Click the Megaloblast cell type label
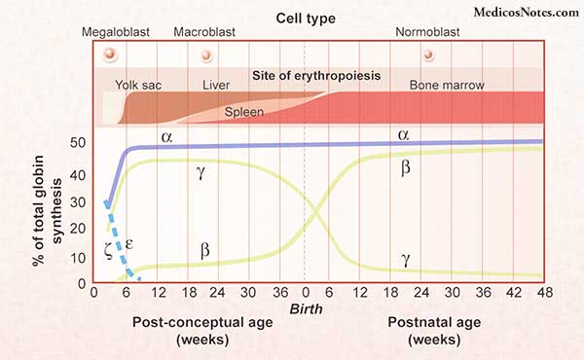click(116, 32)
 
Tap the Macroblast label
click(204, 32)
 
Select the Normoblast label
click(427, 32)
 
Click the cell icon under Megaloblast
click(110, 54)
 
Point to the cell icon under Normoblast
click(428, 55)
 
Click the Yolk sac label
click(138, 85)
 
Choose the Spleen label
click(244, 112)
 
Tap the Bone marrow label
click(447, 86)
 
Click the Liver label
click(216, 85)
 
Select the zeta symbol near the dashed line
click(108, 250)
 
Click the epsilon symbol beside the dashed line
click(128, 244)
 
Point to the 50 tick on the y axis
click(78, 142)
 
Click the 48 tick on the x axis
click(544, 293)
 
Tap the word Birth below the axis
click(307, 309)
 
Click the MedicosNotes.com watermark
click(527, 13)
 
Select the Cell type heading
click(306, 18)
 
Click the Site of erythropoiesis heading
click(316, 76)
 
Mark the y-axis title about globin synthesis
click(47, 211)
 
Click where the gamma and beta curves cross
click(316, 213)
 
